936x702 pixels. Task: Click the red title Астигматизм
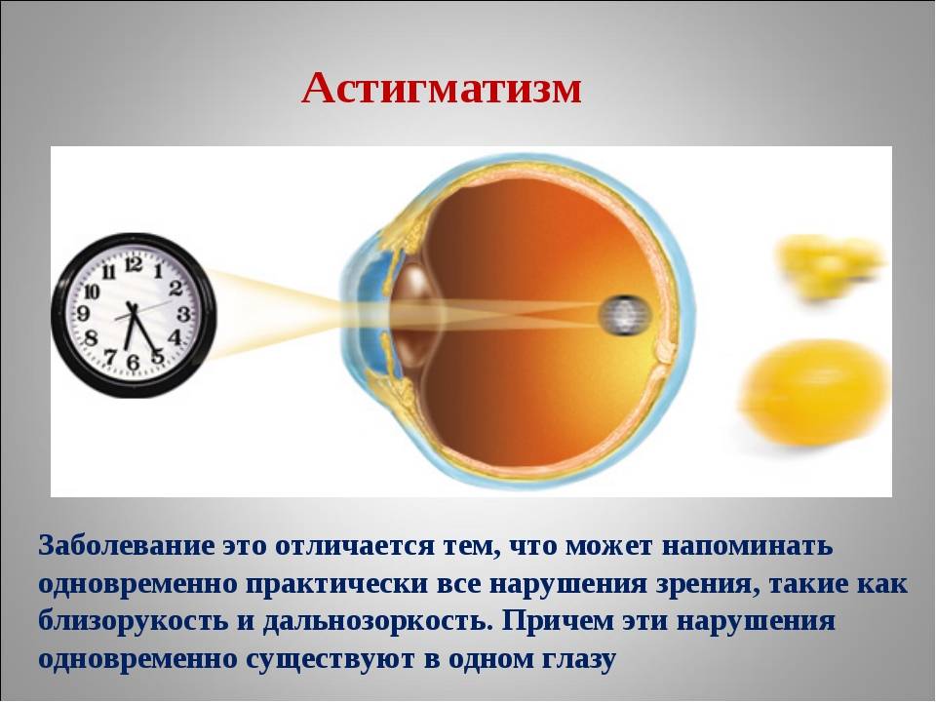point(442,90)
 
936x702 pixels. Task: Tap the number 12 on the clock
point(134,263)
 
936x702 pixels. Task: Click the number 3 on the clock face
point(183,314)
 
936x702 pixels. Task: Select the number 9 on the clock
point(83,313)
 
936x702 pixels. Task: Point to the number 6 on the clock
point(134,362)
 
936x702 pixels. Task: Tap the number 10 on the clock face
point(92,292)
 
